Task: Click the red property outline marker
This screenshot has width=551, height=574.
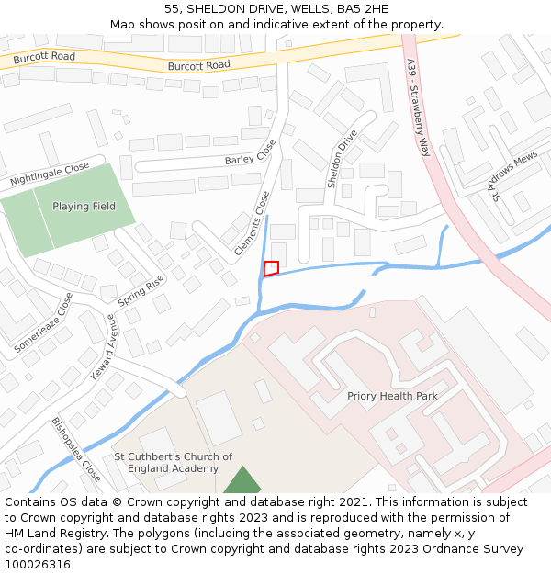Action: [x=271, y=268]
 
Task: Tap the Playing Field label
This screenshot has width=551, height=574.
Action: [x=84, y=207]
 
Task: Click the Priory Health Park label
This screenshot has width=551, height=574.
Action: [x=392, y=396]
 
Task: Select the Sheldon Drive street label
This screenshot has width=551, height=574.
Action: [x=343, y=159]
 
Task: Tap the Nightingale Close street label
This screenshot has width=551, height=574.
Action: [x=51, y=174]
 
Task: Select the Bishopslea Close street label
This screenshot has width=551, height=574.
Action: [x=75, y=450]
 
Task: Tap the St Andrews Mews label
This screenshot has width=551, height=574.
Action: [x=513, y=176]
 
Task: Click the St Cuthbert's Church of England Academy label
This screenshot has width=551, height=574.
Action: [x=173, y=462]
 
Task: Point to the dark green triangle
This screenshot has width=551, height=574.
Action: [x=242, y=481]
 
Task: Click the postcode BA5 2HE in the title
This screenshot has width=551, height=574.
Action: [x=360, y=9]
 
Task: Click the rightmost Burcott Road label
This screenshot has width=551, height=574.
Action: [x=199, y=65]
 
